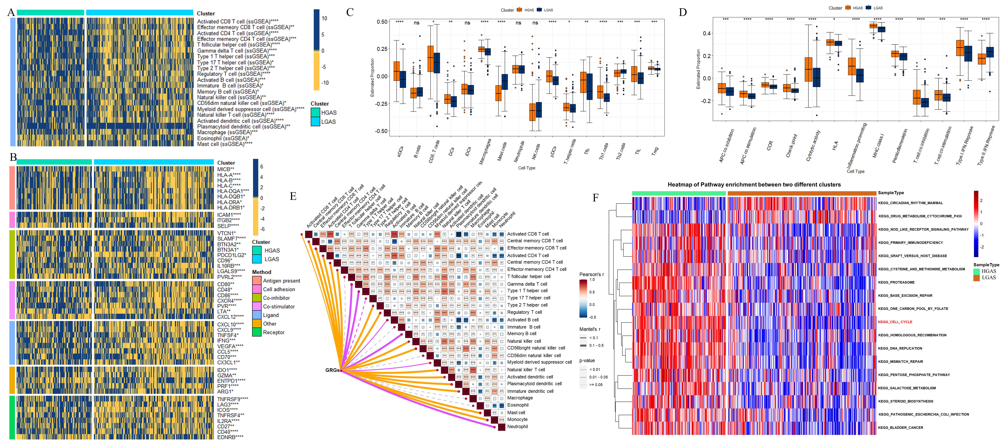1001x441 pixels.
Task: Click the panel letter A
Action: coord(11,12)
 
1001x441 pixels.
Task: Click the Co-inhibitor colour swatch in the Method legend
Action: coord(256,298)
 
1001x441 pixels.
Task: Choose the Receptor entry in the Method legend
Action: coord(274,332)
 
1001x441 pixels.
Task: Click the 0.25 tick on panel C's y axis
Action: coord(382,49)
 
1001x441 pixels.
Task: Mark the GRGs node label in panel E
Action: coord(332,370)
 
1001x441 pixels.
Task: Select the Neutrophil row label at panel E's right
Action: coord(517,426)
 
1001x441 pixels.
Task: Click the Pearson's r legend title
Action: coord(591,274)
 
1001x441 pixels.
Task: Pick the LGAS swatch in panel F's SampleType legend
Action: coord(976,278)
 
